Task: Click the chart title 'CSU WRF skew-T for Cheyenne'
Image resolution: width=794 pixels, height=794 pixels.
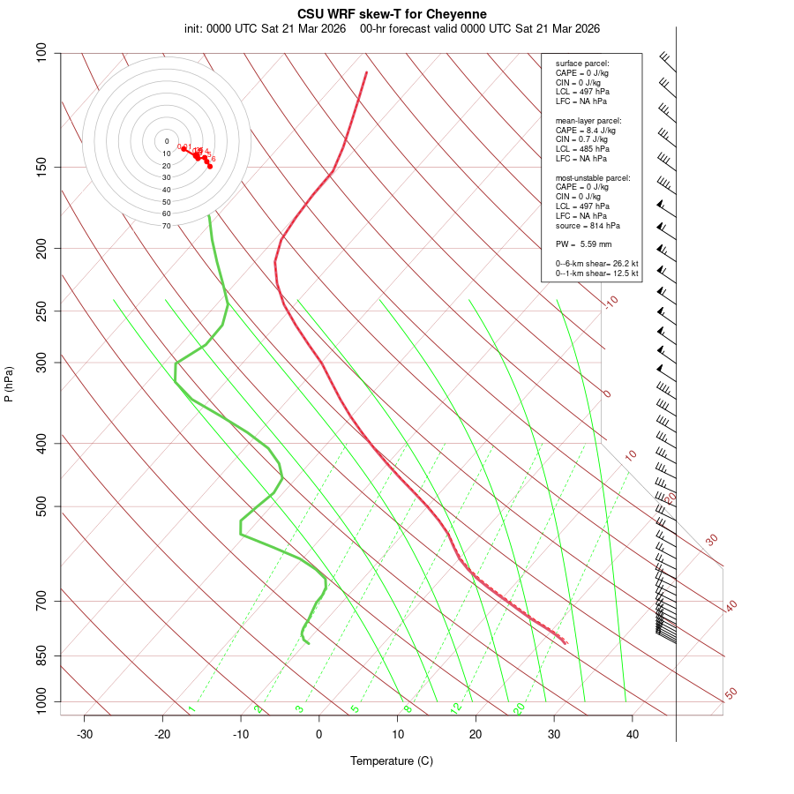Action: (x=392, y=14)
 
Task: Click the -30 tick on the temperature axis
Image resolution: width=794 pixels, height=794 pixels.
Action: (x=85, y=734)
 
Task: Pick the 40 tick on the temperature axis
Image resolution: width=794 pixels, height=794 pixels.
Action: (x=633, y=734)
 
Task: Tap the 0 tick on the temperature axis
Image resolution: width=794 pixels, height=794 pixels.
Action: (x=319, y=734)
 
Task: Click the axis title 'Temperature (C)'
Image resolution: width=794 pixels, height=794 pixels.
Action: (x=392, y=760)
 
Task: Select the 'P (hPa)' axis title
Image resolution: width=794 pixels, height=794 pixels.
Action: (x=9, y=385)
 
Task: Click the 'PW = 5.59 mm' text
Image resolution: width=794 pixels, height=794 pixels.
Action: (x=583, y=243)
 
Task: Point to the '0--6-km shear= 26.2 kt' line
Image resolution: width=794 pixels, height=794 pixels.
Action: (x=597, y=263)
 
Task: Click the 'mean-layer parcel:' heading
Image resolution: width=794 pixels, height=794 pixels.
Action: (x=588, y=120)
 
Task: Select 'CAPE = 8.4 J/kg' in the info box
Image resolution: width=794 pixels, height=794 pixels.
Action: (x=586, y=130)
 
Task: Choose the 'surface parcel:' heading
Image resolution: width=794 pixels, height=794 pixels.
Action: (x=582, y=64)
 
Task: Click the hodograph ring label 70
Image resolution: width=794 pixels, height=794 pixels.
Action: (x=167, y=226)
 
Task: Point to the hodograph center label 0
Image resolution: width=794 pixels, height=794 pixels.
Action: (x=167, y=141)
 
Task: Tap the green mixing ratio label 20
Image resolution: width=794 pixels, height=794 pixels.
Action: (x=519, y=708)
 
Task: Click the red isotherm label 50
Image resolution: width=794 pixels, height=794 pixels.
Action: (x=730, y=693)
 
